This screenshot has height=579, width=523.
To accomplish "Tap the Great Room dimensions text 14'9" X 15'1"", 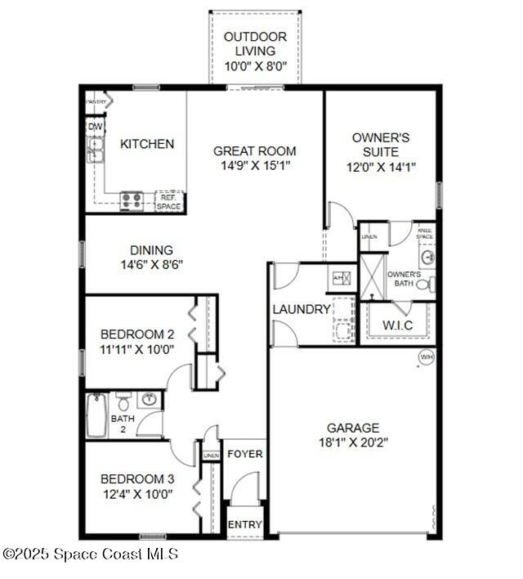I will [254, 165].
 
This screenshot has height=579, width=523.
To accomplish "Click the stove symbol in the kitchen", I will [132, 200].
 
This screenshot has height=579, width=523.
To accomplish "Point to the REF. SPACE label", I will [169, 202].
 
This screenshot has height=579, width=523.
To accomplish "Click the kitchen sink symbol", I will [95, 150].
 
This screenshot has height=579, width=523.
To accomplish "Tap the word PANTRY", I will [97, 101].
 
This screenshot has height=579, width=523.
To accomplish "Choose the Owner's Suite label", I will [380, 145].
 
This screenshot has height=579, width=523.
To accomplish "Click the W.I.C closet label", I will [398, 325].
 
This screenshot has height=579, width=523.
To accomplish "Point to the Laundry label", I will [302, 310].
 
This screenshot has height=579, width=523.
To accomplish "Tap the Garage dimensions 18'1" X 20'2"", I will [352, 442].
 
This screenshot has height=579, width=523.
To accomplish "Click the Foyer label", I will [244, 454].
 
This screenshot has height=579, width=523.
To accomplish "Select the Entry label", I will [244, 524].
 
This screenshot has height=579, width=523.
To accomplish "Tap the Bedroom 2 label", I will [136, 334].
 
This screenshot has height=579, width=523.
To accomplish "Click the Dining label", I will [151, 250].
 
